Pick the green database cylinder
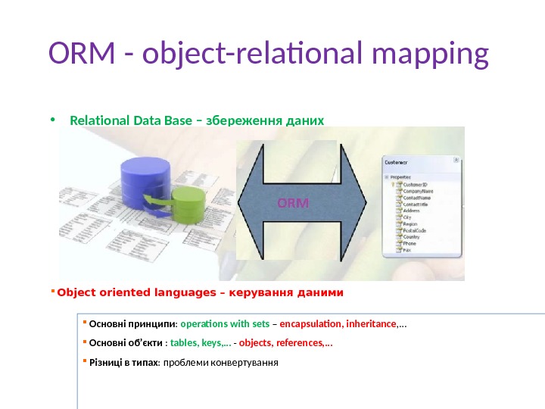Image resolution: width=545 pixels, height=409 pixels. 188,205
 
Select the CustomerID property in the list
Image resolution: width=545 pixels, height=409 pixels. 414,183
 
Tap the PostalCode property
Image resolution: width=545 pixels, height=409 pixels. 414,229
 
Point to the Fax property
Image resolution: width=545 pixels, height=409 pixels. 406,249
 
